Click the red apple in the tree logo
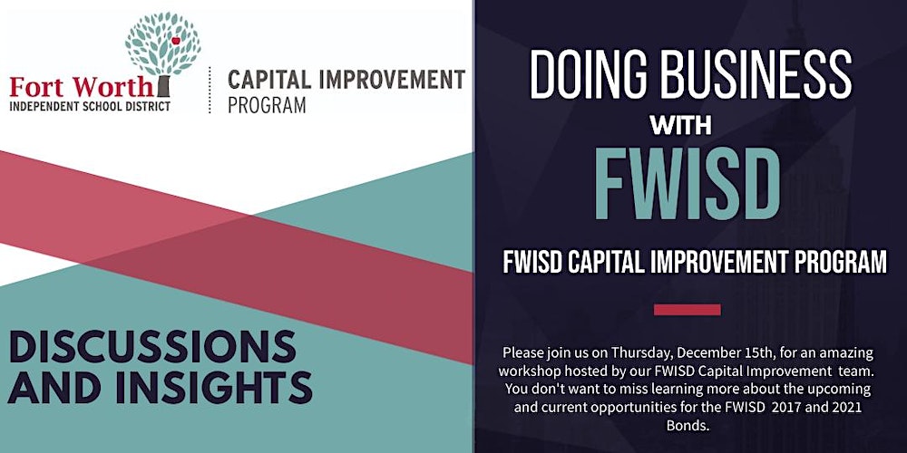point(175,41)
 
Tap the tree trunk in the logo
point(163,86)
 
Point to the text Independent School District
point(90,106)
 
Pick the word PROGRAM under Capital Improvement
point(267,105)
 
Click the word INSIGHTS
point(214,387)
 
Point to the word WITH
point(680,125)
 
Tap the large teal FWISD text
point(687,184)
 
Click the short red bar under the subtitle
point(688,310)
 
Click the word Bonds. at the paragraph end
point(688,427)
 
